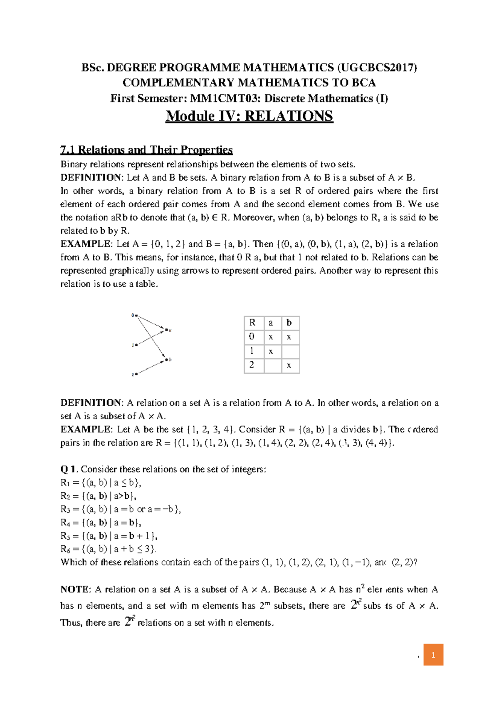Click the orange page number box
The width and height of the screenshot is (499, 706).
tap(433, 655)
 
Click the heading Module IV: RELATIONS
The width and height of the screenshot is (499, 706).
tap(249, 116)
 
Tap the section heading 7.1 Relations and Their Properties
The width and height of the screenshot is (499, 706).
tap(146, 149)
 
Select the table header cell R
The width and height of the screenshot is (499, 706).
tap(253, 323)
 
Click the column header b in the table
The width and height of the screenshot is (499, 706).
tap(289, 323)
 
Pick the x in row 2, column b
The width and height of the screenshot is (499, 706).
tap(289, 366)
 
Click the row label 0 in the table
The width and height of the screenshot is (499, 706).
tap(252, 337)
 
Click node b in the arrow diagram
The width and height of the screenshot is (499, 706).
tap(168, 360)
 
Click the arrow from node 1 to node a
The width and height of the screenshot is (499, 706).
tap(150, 338)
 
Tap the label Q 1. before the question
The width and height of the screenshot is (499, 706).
tap(69, 469)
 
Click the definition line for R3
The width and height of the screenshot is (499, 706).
tap(121, 509)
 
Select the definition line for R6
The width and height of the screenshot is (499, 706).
tap(108, 549)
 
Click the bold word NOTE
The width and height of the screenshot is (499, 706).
tap(75, 589)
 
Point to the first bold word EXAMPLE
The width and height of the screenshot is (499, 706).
tap(86, 244)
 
